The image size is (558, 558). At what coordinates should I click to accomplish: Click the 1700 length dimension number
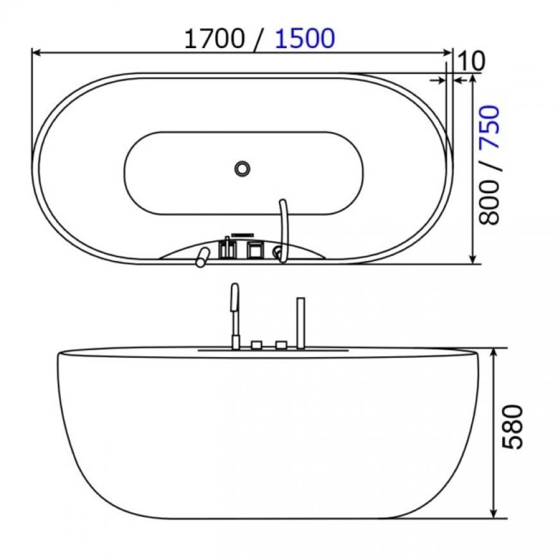[x=214, y=38]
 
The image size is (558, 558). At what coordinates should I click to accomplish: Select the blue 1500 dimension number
[x=305, y=38]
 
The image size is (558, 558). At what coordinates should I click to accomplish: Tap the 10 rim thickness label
[x=471, y=61]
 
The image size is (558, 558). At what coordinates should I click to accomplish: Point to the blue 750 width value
[x=489, y=127]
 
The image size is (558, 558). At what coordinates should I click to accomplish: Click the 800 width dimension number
[x=489, y=203]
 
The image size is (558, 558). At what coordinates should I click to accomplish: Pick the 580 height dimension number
[x=513, y=427]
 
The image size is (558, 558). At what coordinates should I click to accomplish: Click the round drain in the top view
[x=242, y=168]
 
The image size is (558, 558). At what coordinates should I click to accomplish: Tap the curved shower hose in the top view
[x=283, y=231]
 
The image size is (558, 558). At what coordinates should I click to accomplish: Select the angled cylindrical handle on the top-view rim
[x=202, y=257]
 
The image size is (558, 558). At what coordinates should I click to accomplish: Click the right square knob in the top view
[x=255, y=249]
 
